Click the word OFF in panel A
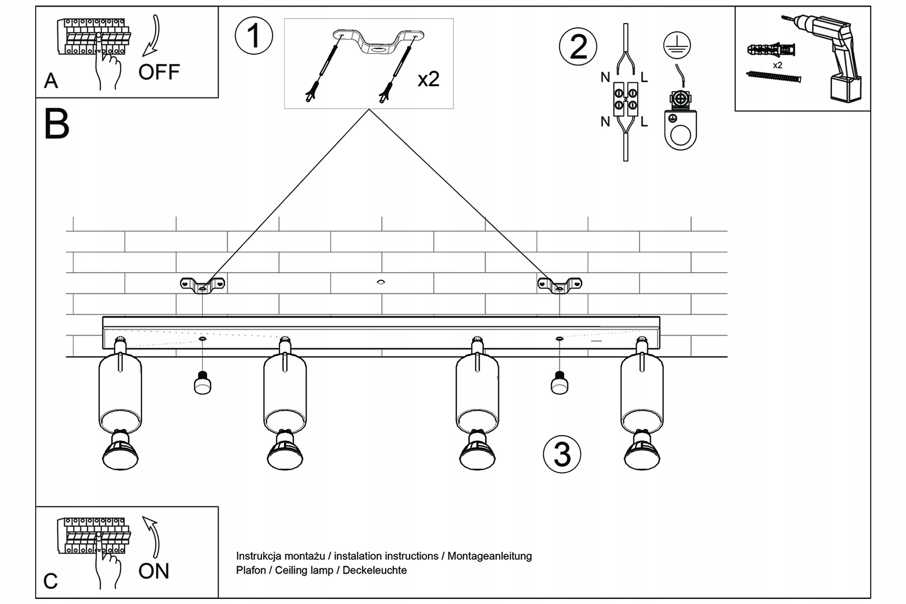tap(159, 72)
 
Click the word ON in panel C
tap(154, 571)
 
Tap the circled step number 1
tap(254, 36)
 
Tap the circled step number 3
tap(562, 454)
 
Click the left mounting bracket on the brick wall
tap(202, 285)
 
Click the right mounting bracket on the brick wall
tap(559, 285)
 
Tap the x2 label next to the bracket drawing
tap(428, 79)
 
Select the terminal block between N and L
tap(625, 99)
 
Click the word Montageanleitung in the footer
tap(489, 556)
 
